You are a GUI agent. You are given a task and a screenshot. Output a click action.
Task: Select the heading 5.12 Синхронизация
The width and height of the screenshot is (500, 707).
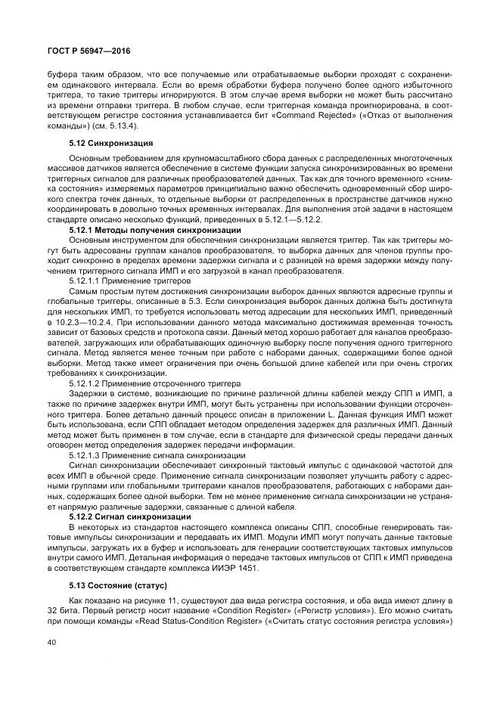111,142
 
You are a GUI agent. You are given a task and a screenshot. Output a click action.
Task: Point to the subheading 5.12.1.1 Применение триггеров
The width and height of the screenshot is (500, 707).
130,280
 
